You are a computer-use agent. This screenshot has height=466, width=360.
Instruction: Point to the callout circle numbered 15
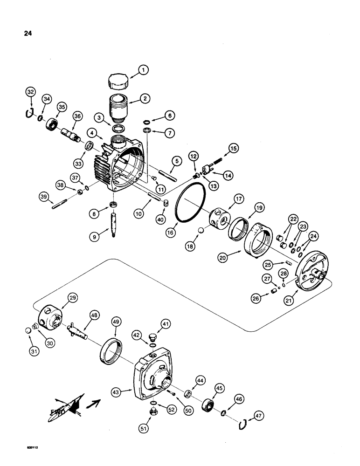[x=232, y=149]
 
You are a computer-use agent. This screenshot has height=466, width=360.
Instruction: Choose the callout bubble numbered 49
[x=116, y=321]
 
